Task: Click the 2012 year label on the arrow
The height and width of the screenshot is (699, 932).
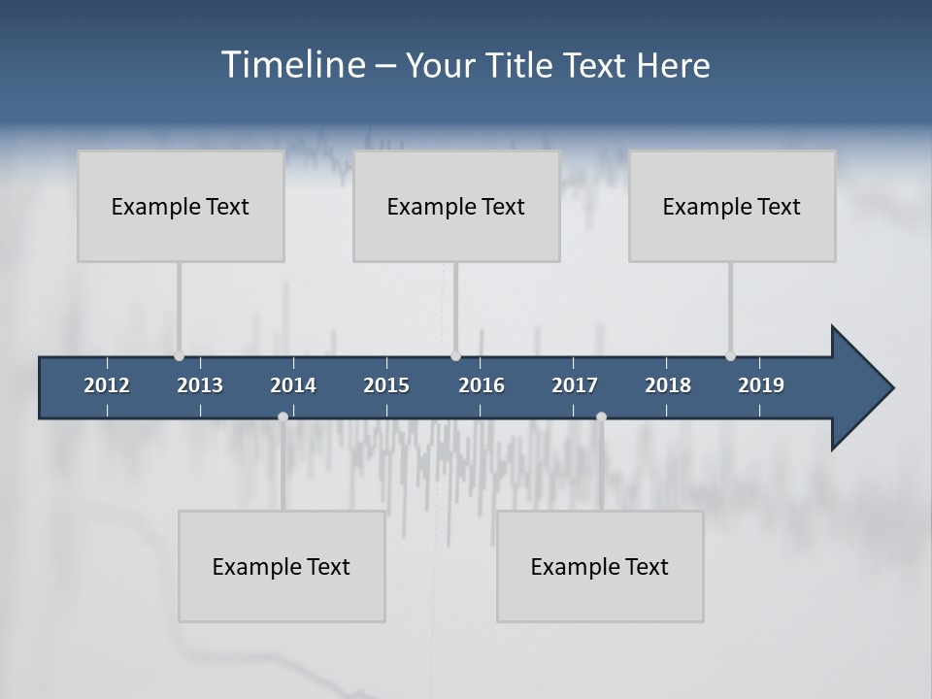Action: pos(107,385)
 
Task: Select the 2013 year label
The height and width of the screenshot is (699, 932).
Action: pos(200,385)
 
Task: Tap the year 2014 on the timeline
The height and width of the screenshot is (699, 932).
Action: pos(293,385)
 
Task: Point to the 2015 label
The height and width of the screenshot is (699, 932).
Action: pos(386,385)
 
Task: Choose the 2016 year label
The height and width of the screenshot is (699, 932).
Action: pos(482,385)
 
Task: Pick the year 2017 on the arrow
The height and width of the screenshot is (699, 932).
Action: pos(575,385)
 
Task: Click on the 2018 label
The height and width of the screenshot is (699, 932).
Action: pos(668,385)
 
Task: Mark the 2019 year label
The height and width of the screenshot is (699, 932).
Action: pos(761,385)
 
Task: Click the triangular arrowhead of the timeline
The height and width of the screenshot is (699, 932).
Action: pos(860,388)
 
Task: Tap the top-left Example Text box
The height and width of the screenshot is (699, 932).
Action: pos(181,206)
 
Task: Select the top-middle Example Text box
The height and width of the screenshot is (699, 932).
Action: pos(456,206)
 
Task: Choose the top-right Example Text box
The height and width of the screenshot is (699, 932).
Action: pos(732,206)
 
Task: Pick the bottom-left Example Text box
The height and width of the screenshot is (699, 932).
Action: pos(282,566)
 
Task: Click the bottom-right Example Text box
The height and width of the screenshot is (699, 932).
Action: pos(600,566)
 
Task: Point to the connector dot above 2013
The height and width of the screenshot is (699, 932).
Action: pos(179,356)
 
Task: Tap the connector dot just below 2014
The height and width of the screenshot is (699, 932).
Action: pos(283,416)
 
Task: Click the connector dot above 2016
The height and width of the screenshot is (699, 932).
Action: pos(455,356)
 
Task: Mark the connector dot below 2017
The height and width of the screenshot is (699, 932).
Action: pos(601,416)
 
